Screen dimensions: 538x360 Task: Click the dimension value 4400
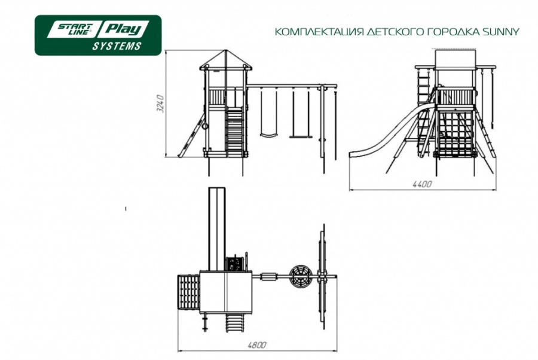click(422, 184)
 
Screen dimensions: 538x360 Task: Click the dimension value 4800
click(256, 344)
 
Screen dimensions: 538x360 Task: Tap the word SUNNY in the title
click(501, 32)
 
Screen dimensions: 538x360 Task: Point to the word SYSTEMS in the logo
click(117, 46)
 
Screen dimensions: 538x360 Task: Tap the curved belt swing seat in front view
click(268, 135)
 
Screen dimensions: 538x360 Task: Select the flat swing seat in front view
click(301, 137)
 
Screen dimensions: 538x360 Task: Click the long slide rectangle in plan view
click(217, 229)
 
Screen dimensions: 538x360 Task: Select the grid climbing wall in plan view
click(189, 294)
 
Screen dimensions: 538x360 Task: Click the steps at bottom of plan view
click(236, 324)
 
